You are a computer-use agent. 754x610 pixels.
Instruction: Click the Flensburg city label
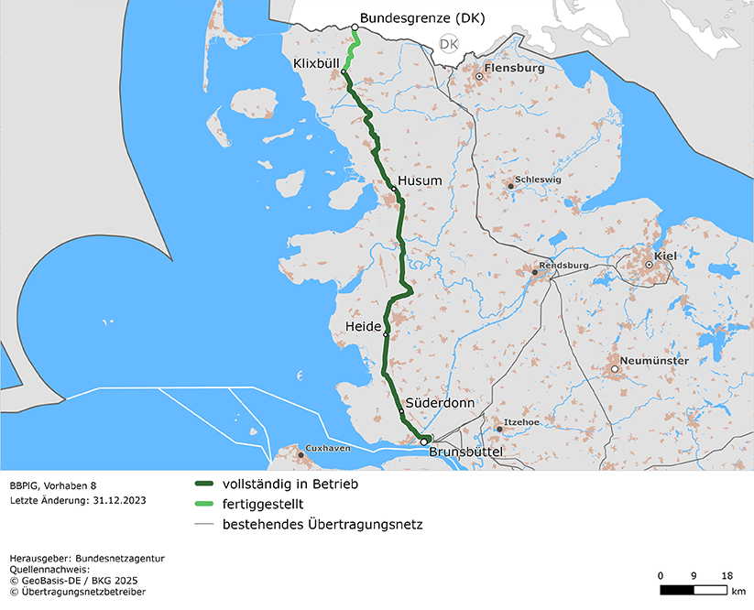coord(515,68)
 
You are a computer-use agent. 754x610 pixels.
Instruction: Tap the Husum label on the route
coord(421,181)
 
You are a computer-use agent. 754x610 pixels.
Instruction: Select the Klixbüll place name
coord(315,63)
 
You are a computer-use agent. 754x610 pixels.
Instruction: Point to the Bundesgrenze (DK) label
coord(422,18)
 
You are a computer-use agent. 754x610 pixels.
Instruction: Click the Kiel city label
coord(664,256)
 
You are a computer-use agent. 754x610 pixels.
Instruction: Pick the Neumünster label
coord(653,361)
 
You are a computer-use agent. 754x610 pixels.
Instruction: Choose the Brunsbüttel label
coord(466,452)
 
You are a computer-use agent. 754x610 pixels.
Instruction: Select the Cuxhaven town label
coord(328,448)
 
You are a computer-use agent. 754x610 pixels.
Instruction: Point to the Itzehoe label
coord(522,421)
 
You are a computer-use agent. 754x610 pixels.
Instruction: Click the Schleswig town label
coord(538,180)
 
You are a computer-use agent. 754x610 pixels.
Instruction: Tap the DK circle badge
coord(449,44)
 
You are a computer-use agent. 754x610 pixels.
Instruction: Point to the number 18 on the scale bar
coord(727,575)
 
